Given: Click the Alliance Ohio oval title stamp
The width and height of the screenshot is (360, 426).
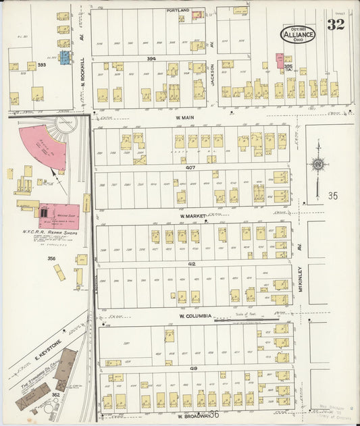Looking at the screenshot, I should [x=298, y=34].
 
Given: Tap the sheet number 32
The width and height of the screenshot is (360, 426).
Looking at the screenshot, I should [x=334, y=25].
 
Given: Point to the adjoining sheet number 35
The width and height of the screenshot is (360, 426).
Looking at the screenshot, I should [x=332, y=196].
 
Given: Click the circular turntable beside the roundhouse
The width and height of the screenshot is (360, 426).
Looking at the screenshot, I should [x=66, y=125].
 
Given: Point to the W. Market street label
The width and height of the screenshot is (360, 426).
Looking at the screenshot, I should [x=192, y=217].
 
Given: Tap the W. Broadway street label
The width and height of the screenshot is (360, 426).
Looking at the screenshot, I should [x=192, y=416].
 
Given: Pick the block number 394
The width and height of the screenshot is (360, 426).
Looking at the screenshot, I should [x=151, y=59].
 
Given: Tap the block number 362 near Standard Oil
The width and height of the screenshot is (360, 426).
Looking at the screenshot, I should [x=56, y=394].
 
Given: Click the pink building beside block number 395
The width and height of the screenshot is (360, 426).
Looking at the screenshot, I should [x=279, y=61].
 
